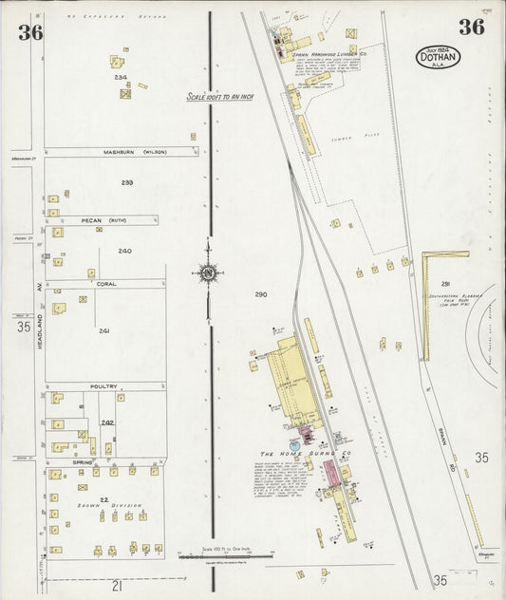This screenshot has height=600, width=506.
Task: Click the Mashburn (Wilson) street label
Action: (128, 152)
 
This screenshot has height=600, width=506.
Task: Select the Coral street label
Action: (104, 283)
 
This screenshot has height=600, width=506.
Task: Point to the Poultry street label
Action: (104, 386)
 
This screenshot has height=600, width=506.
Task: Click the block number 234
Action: (121, 78)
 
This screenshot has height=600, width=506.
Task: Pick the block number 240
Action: (124, 251)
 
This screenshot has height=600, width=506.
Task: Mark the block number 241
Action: (104, 330)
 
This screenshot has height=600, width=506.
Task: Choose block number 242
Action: (108, 422)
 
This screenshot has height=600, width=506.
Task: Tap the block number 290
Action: (260, 294)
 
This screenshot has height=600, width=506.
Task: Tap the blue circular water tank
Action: (295, 444)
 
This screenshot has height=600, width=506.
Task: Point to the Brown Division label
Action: (97, 505)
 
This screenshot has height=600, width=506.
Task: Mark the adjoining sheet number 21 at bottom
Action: (117, 586)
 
